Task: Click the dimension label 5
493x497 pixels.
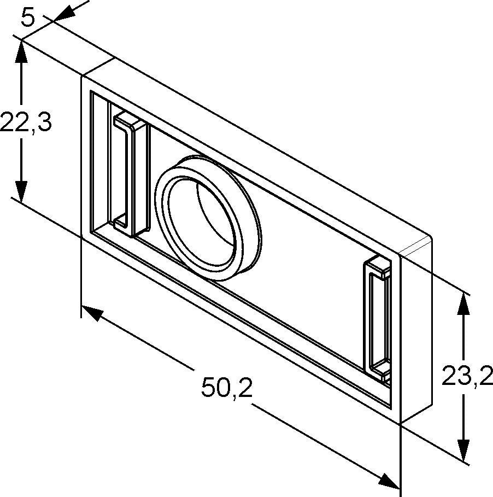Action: (27, 19)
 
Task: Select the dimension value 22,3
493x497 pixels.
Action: (26, 122)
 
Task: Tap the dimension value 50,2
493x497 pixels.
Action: (227, 387)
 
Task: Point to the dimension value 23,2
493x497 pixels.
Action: (467, 376)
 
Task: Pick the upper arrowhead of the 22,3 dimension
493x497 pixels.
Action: (21, 51)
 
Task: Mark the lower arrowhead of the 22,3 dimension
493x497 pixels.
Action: (21, 191)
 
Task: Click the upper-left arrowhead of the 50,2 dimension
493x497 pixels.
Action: (92, 313)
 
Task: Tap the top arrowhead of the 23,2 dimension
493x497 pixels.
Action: (463, 305)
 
